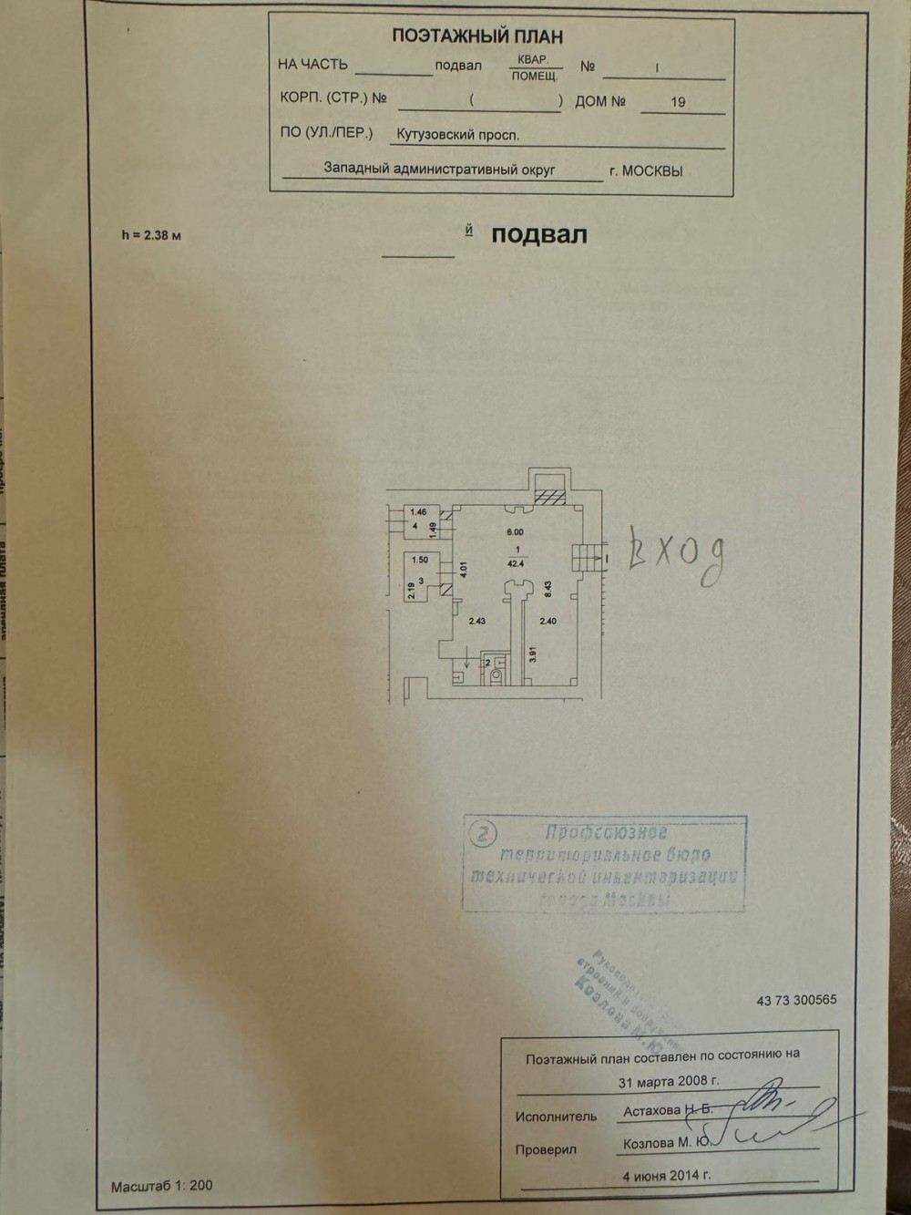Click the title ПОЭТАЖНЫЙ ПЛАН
pyautogui.click(x=476, y=36)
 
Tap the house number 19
pyautogui.click(x=678, y=102)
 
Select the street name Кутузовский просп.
pyautogui.click(x=457, y=135)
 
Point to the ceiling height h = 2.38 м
pyautogui.click(x=151, y=235)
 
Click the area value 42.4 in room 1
pyautogui.click(x=516, y=564)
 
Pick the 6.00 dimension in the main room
pyautogui.click(x=515, y=532)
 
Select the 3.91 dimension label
pyautogui.click(x=533, y=654)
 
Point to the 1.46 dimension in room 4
pyautogui.click(x=418, y=513)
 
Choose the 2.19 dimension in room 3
pyautogui.click(x=412, y=591)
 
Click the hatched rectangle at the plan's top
pyautogui.click(x=549, y=495)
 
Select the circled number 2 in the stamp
pyautogui.click(x=482, y=832)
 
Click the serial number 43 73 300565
pyautogui.click(x=796, y=1000)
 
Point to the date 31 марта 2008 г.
pyautogui.click(x=669, y=1082)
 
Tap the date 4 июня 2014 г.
pyautogui.click(x=667, y=1175)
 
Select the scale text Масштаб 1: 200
pyautogui.click(x=161, y=1186)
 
